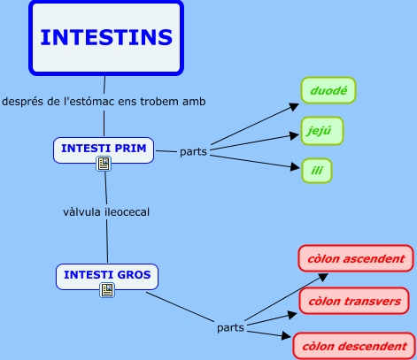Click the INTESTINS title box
[x=106, y=38]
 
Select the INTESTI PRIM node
[x=104, y=150]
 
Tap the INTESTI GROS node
[x=107, y=277]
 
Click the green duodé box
[x=328, y=90]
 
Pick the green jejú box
[x=322, y=131]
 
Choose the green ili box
[x=317, y=171]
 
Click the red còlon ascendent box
[x=356, y=258]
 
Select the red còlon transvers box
[x=354, y=301]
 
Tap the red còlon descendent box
[x=354, y=346]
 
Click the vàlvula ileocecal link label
[x=106, y=212]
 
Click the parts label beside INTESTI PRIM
[x=193, y=152]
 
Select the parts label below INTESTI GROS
[x=230, y=328]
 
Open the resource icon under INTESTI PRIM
[x=104, y=164]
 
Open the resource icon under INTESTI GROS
[x=107, y=290]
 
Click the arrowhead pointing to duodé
[x=294, y=106]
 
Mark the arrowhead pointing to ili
[x=295, y=167]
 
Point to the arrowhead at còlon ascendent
[x=323, y=277]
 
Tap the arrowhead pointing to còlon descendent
[x=286, y=335]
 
